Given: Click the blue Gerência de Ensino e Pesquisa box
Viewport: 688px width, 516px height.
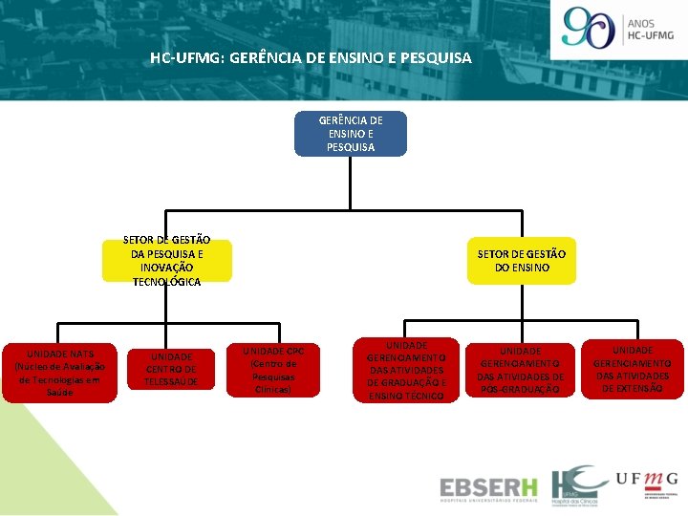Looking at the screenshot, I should point(351,134).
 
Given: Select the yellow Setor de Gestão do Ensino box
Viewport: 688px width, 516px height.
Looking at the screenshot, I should point(522,260).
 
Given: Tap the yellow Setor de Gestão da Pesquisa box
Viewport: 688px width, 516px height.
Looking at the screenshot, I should point(167,261).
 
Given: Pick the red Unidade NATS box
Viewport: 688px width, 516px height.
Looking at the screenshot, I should point(59,373).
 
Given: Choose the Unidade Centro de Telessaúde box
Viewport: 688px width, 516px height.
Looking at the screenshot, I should point(171,369).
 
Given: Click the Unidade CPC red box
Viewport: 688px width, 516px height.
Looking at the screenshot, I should point(272,370).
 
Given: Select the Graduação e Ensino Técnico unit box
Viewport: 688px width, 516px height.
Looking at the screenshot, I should point(406,370).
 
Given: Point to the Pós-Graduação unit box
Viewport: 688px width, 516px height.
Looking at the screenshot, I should point(521,370).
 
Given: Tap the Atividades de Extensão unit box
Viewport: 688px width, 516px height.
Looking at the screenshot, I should point(633,370).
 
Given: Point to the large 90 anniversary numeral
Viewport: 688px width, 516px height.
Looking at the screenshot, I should point(589,28).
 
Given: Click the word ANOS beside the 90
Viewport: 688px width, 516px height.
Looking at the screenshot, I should point(643,22).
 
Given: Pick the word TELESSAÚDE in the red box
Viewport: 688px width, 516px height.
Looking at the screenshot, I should point(171,381).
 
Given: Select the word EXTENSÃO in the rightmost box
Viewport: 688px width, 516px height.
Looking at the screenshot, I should point(633,389).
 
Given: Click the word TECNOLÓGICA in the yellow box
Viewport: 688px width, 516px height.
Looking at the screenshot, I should point(167,282).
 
